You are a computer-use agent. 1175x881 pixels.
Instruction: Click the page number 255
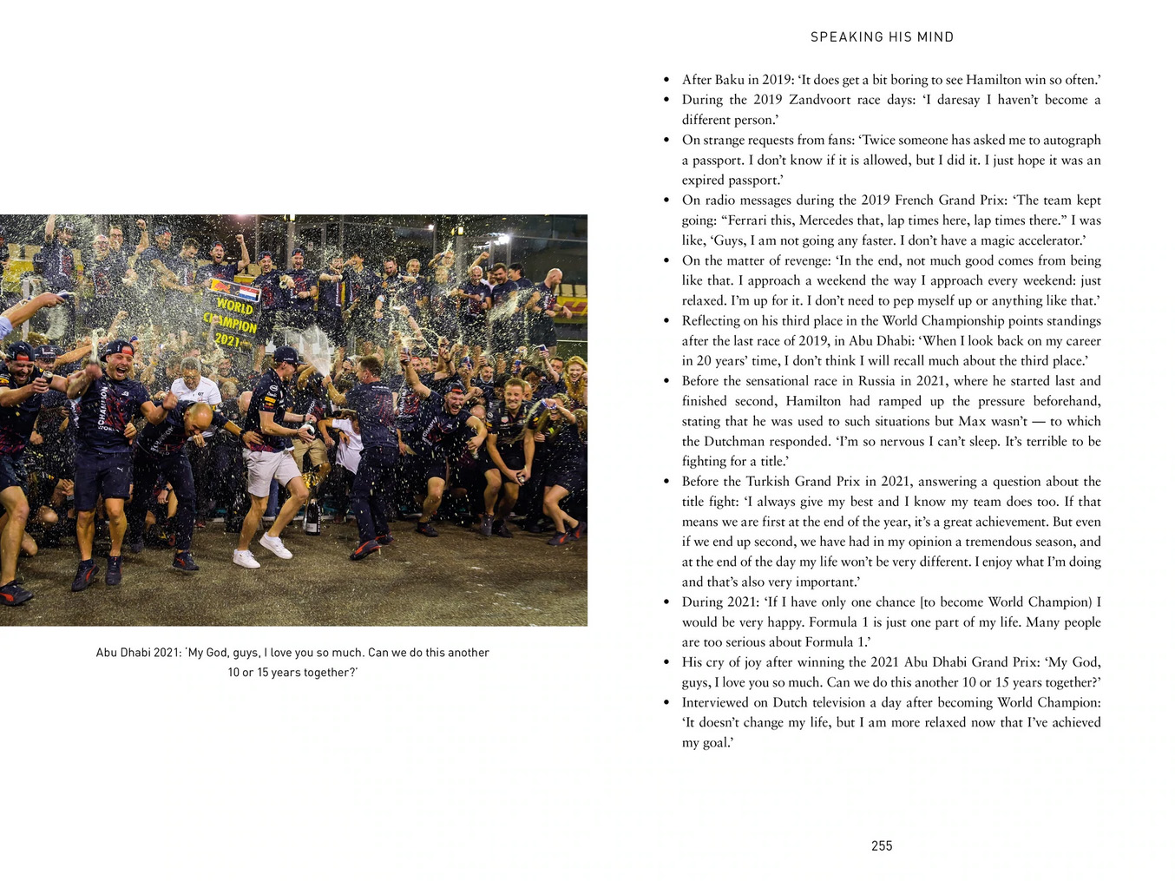pyautogui.click(x=882, y=845)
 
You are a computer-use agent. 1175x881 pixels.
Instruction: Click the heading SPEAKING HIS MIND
pyautogui.click(x=882, y=37)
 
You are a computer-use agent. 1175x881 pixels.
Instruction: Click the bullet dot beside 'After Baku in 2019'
pyautogui.click(x=666, y=80)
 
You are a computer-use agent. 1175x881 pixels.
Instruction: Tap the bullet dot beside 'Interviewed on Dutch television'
pyautogui.click(x=666, y=702)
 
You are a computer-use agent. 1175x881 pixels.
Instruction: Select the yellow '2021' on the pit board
pyautogui.click(x=227, y=340)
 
